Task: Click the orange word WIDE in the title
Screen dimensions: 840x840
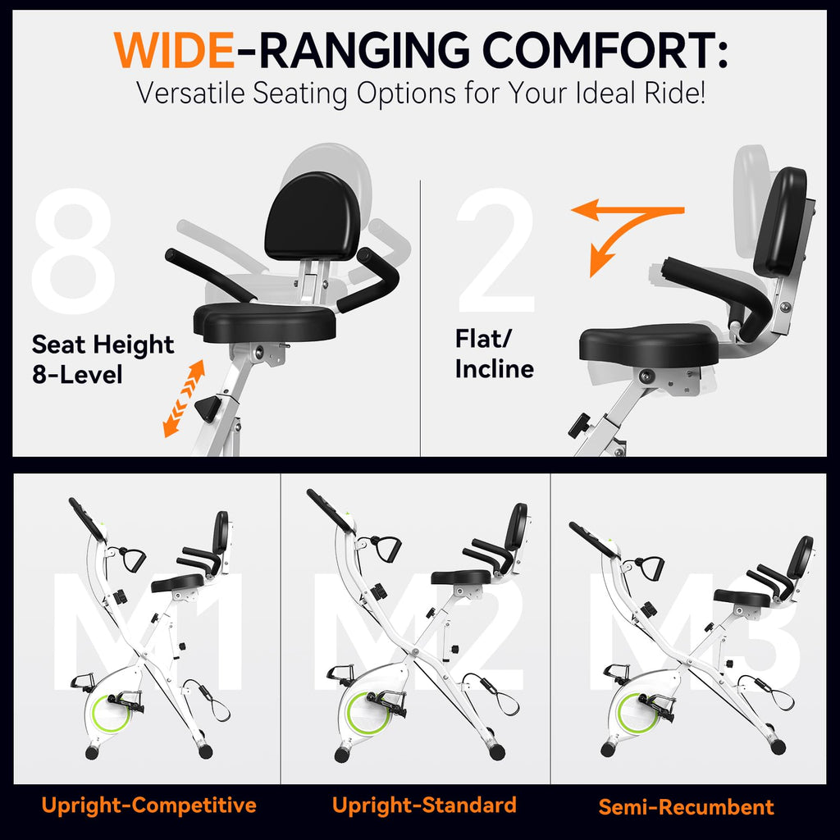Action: (174, 51)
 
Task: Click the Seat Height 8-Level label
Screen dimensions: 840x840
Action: (103, 359)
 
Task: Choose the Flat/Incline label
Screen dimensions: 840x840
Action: (494, 354)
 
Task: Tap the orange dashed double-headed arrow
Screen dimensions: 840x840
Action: (183, 398)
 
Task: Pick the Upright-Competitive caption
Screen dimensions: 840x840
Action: (149, 806)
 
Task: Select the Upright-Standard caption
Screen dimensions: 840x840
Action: (424, 805)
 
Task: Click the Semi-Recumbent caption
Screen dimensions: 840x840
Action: (686, 807)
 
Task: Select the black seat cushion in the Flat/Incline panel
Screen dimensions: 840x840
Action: (648, 345)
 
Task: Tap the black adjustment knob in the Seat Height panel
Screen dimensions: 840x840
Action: (208, 408)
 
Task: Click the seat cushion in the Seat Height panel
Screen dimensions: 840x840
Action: (265, 322)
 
